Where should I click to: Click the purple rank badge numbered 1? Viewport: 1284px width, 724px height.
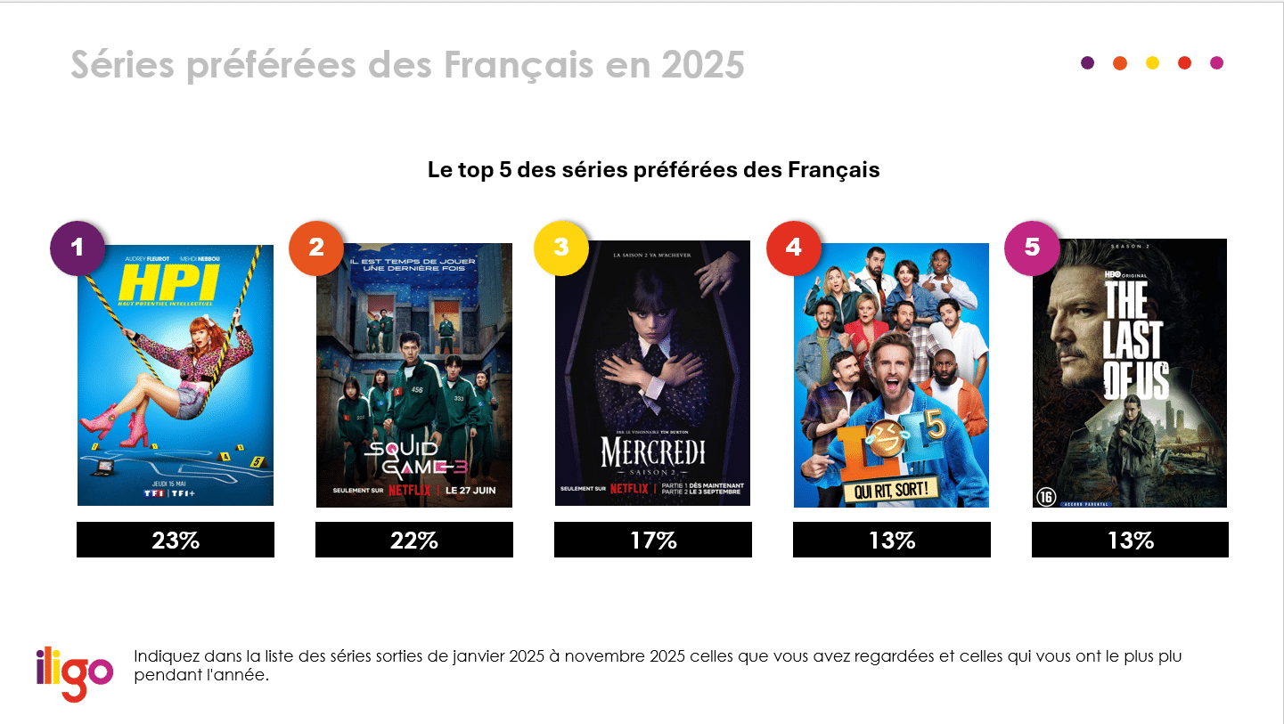click(x=78, y=248)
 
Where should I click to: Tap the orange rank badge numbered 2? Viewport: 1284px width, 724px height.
click(x=316, y=248)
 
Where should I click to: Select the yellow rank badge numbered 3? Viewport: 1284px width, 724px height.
click(x=560, y=248)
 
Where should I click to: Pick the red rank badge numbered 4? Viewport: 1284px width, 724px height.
click(x=794, y=248)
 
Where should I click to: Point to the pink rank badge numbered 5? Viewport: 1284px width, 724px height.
click(x=1032, y=247)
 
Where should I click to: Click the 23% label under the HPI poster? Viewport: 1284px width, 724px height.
click(x=176, y=540)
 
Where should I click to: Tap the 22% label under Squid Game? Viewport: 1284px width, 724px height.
click(x=414, y=540)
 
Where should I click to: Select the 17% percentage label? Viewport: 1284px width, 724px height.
click(x=653, y=540)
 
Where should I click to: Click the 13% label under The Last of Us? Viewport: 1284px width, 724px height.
click(x=1130, y=540)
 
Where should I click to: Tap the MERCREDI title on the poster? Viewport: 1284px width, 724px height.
click(x=652, y=452)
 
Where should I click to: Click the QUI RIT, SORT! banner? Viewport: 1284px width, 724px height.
click(x=890, y=488)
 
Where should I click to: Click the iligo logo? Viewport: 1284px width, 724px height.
click(x=75, y=672)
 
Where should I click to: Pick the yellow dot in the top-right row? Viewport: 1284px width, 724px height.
click(x=1152, y=62)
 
